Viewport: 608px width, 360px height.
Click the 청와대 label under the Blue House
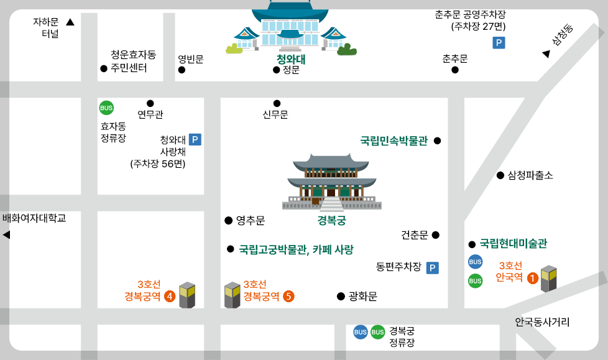point(291,60)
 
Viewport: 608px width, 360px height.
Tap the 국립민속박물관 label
point(394,141)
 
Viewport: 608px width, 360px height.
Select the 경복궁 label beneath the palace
point(331,220)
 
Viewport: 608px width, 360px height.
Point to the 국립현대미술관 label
point(513,243)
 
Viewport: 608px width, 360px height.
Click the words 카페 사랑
point(335,249)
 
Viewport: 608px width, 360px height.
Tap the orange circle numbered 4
point(170,296)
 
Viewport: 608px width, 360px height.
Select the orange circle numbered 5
point(288,296)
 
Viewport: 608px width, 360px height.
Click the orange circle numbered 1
point(533,278)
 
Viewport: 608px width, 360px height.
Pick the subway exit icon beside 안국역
point(548,278)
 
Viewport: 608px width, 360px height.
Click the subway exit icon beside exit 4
point(187,295)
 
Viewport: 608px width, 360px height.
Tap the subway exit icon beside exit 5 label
point(233,295)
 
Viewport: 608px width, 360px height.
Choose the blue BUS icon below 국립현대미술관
point(475,262)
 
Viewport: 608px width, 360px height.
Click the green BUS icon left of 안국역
point(475,281)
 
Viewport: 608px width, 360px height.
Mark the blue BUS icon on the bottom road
point(361,332)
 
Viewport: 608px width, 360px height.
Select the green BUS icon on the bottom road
point(377,332)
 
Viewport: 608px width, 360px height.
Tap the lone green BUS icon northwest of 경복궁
point(106,108)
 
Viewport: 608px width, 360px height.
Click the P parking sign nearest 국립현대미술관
point(432,268)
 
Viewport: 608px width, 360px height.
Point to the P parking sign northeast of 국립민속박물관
point(499,43)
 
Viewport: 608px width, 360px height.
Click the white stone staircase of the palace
point(331,204)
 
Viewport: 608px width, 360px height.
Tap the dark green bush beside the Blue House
point(347,50)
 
